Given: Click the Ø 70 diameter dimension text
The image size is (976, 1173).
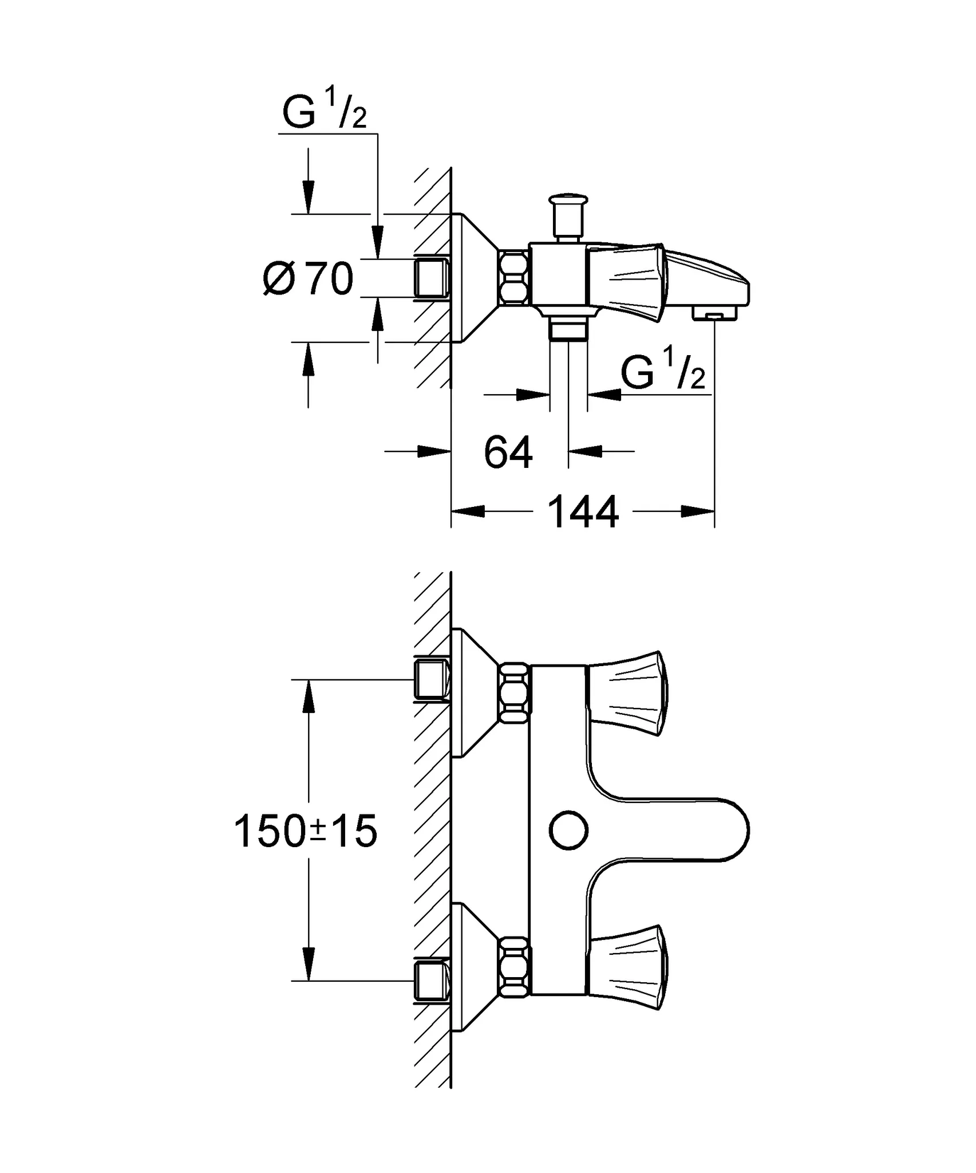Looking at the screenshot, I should [x=308, y=279].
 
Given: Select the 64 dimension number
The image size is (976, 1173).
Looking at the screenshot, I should [x=508, y=452].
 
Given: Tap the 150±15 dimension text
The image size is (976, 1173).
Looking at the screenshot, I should [x=306, y=832].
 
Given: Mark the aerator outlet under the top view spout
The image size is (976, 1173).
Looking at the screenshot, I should [x=714, y=314].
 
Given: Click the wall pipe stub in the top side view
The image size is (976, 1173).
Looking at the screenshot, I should [x=431, y=278].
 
